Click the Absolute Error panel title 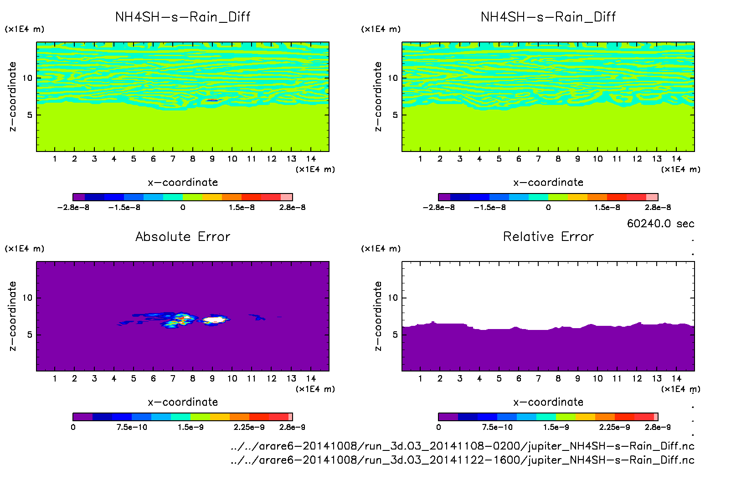click(x=183, y=236)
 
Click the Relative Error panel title click(x=548, y=236)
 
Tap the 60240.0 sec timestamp click(x=660, y=224)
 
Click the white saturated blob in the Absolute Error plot click(x=215, y=320)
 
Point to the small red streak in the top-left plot click(x=213, y=100)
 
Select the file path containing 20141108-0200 click(x=462, y=446)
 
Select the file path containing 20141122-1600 click(x=462, y=460)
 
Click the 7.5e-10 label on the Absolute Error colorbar click(x=132, y=427)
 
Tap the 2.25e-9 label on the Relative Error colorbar click(x=614, y=427)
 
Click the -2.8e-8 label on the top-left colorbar click(x=73, y=207)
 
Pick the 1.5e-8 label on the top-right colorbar click(x=607, y=207)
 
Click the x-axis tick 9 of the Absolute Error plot click(x=212, y=378)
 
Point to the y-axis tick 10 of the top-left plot click(x=27, y=78)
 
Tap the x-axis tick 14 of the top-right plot click(x=676, y=159)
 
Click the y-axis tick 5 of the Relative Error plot click(x=395, y=335)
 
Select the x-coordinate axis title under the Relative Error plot click(x=548, y=402)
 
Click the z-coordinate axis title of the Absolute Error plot click(x=12, y=316)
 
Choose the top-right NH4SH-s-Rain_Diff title click(x=548, y=17)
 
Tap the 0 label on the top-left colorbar click(x=183, y=207)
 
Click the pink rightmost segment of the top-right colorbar click(x=652, y=197)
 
